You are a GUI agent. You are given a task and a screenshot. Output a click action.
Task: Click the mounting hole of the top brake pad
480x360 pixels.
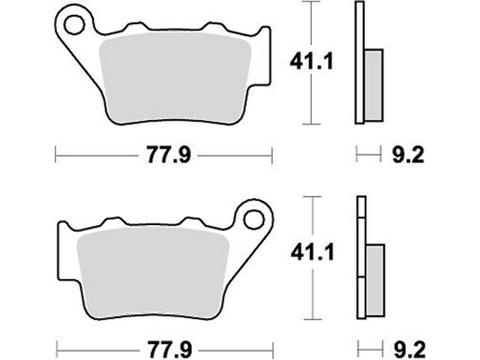click(74, 25)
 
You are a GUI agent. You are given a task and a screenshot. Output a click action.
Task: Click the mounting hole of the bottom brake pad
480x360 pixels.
click(253, 219)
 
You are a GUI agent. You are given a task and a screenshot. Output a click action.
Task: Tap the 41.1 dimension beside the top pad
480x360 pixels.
click(311, 61)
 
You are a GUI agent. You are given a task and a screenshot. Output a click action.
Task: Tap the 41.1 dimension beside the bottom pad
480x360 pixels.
click(312, 253)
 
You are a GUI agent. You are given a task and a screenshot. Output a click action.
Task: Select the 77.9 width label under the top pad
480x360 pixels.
click(169, 155)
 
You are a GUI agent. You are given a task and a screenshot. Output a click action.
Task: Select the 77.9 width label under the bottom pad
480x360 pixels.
click(169, 349)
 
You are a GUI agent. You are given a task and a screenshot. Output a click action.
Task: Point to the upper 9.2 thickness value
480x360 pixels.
click(408, 154)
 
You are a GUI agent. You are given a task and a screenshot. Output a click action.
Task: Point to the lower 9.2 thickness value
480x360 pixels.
click(409, 349)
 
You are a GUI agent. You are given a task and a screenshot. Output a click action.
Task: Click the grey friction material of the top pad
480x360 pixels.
click(175, 78)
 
